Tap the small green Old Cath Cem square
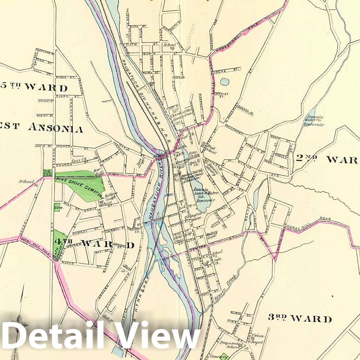coord(47,172)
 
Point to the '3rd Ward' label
coord(300,318)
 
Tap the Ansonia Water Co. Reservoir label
coord(313,120)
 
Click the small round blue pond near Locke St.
coord(225,82)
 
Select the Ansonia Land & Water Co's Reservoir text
coord(205,196)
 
